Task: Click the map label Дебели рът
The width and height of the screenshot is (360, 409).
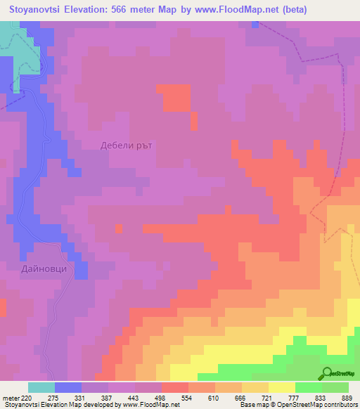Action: [x=127, y=145]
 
